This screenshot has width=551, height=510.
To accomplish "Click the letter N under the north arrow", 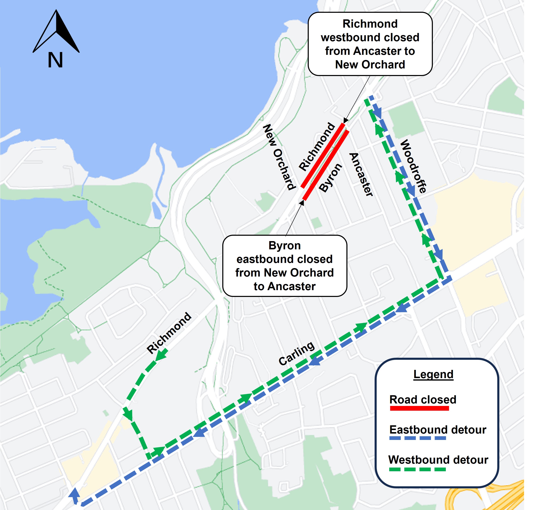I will click(55, 60).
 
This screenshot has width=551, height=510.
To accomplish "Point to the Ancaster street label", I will click(361, 174).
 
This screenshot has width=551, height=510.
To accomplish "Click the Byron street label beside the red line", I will click(331, 177).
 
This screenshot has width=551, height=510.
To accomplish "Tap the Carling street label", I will click(296, 354).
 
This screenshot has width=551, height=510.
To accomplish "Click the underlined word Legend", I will click(433, 374).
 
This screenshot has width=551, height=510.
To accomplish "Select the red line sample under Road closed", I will click(419, 408).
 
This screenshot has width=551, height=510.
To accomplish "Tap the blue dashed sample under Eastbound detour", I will click(417, 438).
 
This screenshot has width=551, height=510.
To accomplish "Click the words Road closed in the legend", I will click(423, 399).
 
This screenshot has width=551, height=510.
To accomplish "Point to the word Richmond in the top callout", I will click(370, 24).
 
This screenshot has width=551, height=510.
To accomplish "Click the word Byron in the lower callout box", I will click(284, 245).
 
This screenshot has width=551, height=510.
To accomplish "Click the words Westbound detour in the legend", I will click(438, 460).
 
